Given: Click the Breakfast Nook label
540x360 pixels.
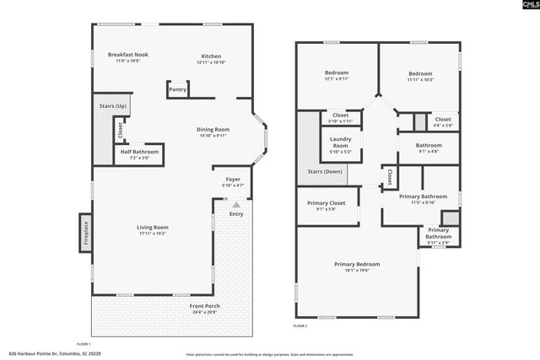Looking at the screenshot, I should [128, 55].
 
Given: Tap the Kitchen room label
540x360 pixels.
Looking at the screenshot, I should [210, 55].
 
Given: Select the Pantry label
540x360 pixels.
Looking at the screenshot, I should [177, 89].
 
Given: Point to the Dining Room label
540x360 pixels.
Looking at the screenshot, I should [213, 129].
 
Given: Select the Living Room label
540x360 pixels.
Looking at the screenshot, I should [153, 227].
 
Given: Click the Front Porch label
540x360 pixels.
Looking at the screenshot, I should [202, 306].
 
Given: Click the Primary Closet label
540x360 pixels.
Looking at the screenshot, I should [327, 202].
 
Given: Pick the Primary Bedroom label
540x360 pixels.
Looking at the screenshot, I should [356, 264].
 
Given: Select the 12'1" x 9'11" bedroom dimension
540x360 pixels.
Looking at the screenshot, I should [337, 79].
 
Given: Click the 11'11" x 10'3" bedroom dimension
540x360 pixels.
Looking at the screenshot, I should [419, 79].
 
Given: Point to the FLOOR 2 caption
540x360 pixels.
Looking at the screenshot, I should [300, 325].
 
